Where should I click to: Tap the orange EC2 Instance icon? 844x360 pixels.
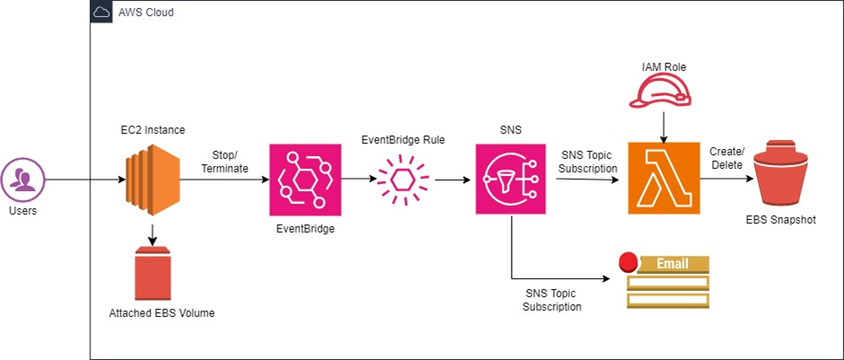tap(152, 180)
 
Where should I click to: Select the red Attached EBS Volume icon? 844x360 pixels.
tap(152, 274)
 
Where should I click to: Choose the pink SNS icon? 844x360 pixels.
tap(511, 180)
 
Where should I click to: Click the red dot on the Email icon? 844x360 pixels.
tap(629, 263)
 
